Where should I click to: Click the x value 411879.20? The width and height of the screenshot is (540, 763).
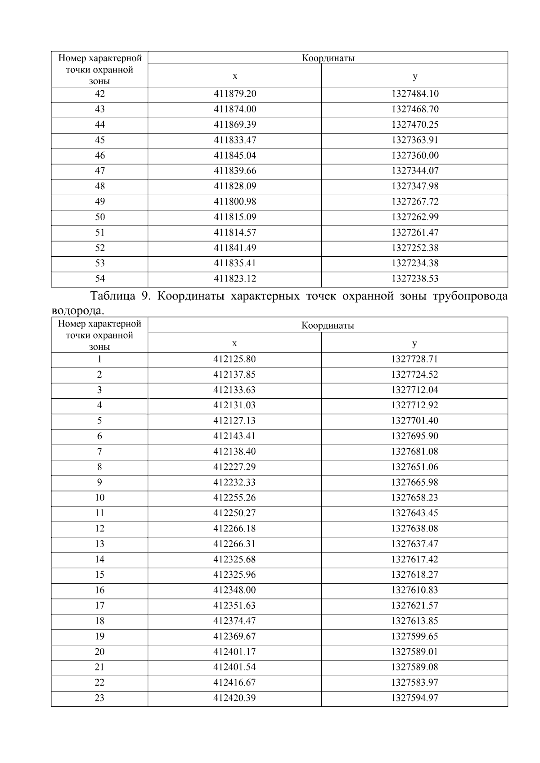(234, 94)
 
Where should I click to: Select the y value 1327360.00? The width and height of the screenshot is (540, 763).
(414, 156)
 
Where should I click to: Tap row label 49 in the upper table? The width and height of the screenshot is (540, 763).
(100, 201)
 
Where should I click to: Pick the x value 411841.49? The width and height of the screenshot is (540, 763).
(234, 248)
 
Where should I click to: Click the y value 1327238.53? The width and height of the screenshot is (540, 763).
(414, 279)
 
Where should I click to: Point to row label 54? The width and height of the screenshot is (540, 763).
(100, 279)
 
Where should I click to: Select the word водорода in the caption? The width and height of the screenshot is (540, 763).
(76, 311)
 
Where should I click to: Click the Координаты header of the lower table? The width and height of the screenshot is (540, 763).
(328, 326)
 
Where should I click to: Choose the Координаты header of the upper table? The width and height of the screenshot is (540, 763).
(328, 58)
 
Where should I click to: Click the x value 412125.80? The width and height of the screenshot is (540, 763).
(234, 359)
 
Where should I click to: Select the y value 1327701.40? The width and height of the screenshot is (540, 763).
(414, 421)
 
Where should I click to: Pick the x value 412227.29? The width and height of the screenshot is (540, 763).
(234, 467)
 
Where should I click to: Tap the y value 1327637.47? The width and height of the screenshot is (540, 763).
(414, 544)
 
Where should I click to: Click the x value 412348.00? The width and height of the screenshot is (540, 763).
(234, 590)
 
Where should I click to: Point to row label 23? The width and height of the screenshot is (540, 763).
(99, 698)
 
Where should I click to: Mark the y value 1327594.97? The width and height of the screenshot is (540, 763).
(414, 698)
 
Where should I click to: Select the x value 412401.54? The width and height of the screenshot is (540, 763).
(234, 667)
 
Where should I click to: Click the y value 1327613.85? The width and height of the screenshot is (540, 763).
(414, 621)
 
